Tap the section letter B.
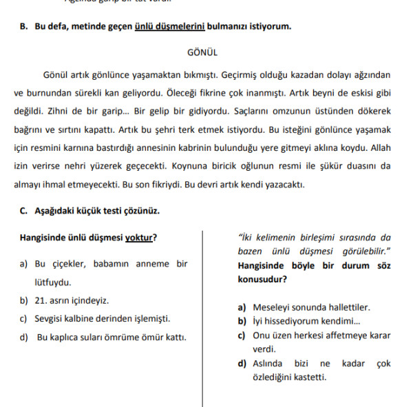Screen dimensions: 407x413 pyautogui.click(x=23, y=27)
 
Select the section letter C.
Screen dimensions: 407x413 pyautogui.click(x=23, y=211)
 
